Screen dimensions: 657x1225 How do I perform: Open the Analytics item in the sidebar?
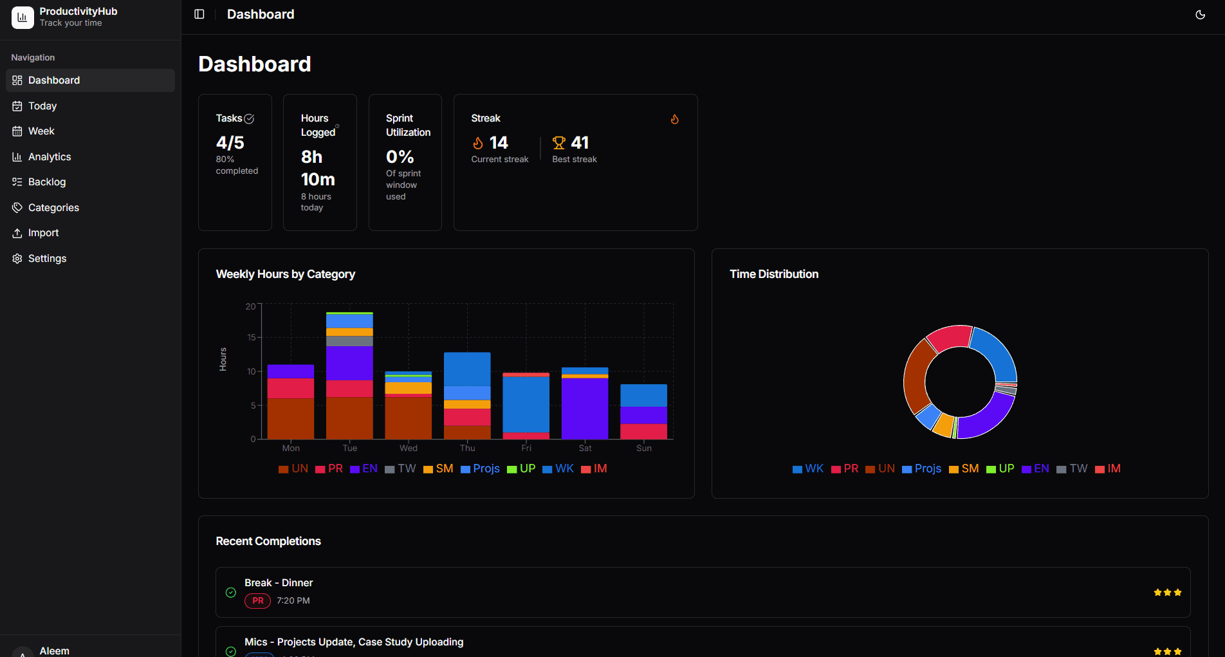[50, 157]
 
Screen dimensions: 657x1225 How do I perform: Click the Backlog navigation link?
[47, 182]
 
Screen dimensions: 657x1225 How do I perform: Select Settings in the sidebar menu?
[47, 259]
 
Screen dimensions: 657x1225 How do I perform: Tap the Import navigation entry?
[43, 233]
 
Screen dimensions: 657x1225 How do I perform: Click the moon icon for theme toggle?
[1200, 15]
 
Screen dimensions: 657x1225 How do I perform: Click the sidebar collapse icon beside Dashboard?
[199, 14]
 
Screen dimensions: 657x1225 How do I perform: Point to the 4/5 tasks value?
[230, 143]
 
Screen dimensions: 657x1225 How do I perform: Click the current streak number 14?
[499, 143]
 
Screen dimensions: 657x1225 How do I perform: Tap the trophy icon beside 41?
[559, 143]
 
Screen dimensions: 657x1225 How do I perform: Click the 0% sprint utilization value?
[400, 157]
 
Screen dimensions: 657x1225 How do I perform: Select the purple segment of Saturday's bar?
[585, 408]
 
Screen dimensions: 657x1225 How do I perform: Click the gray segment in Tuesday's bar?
[349, 341]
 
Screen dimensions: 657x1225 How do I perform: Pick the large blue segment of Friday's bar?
[526, 404]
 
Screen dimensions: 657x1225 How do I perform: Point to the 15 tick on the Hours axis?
[252, 337]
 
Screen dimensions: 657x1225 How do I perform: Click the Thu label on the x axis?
[467, 449]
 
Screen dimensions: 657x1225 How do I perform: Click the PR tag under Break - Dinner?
[257, 601]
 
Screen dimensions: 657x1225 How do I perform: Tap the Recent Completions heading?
[268, 541]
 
